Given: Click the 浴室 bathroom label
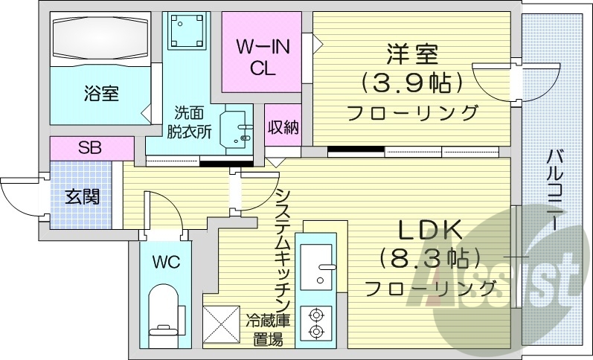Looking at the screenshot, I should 101,94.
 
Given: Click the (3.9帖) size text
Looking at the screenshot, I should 411,83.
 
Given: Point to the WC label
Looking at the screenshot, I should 164,262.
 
